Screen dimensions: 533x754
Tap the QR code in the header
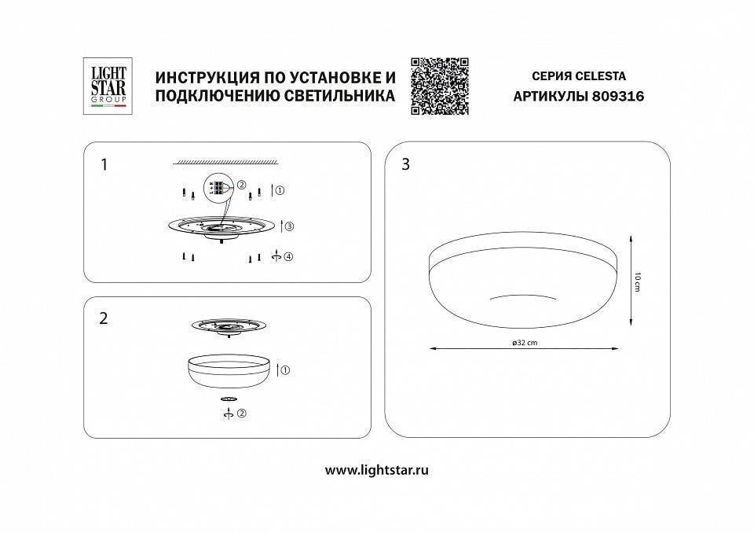pos(439,86)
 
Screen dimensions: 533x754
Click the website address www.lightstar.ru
pos(377,470)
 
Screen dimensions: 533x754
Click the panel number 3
pos(406,165)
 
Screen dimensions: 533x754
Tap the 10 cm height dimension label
pos(638,281)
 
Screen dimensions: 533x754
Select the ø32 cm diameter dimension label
pos(524,343)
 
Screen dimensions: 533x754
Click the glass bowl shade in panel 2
pos(229,370)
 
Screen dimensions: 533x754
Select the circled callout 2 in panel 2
pos(242,414)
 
